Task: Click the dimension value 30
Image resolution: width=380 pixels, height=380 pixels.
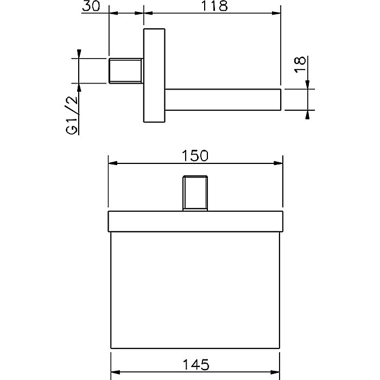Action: click(x=91, y=6)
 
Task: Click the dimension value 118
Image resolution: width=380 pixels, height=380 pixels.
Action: click(x=215, y=6)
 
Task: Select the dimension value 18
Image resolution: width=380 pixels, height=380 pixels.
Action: click(x=300, y=64)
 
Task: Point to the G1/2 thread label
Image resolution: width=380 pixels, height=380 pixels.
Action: click(x=72, y=115)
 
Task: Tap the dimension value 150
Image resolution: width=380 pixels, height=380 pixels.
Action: click(x=195, y=156)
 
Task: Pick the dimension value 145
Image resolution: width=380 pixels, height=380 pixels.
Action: click(x=195, y=364)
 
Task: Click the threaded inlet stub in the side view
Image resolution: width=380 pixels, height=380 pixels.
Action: click(x=125, y=71)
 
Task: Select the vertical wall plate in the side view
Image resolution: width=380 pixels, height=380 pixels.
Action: click(x=154, y=75)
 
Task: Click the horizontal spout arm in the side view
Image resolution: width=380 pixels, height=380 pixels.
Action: click(x=223, y=100)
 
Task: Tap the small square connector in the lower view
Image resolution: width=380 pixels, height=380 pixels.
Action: click(x=195, y=193)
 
